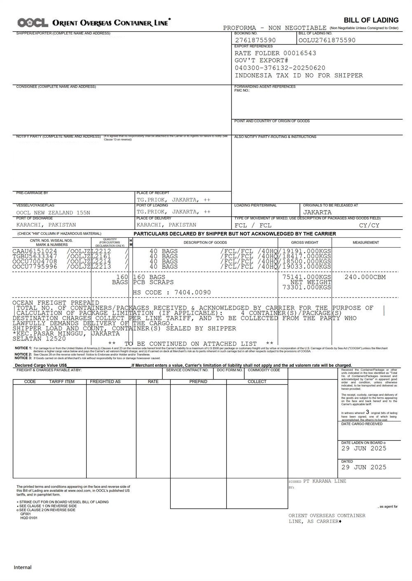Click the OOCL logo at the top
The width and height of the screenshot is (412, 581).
(33, 23)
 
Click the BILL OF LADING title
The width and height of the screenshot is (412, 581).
(371, 20)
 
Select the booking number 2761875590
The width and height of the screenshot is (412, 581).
(255, 40)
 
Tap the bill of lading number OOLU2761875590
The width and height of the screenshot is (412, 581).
(327, 40)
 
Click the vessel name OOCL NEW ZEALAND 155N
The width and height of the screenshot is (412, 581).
(53, 213)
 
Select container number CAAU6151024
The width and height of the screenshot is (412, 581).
(35, 251)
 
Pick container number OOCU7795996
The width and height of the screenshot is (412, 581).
(35, 266)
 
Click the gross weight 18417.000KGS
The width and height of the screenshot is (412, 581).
(307, 256)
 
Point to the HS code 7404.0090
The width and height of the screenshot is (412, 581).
(192, 292)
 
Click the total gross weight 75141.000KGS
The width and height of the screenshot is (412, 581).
(307, 277)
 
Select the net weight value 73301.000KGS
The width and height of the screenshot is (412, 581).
(307, 287)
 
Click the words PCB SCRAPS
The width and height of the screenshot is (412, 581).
(153, 282)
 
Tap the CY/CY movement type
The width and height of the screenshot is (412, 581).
(369, 225)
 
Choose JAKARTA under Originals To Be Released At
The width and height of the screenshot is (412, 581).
(317, 213)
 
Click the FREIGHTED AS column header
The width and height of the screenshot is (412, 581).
(105, 382)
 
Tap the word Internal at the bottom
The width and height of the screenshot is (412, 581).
(23, 567)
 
